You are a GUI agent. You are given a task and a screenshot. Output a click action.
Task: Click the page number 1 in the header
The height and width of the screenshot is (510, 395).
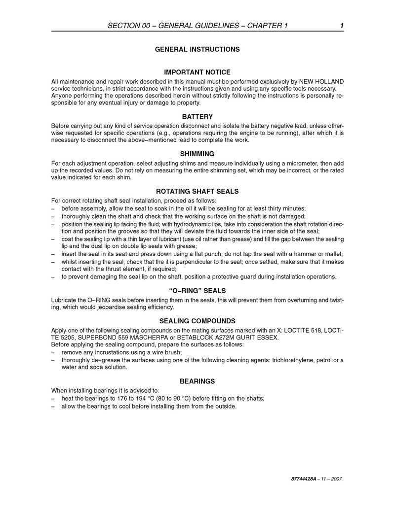tap(342, 26)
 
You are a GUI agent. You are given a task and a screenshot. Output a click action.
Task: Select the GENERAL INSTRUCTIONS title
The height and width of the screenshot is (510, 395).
tap(197, 49)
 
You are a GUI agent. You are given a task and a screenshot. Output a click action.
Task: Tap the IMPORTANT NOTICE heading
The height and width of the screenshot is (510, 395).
tap(197, 72)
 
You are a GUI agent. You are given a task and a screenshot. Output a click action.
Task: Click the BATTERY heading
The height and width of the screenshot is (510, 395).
tap(197, 117)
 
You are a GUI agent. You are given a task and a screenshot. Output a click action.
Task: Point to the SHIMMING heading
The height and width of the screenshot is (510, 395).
tap(197, 154)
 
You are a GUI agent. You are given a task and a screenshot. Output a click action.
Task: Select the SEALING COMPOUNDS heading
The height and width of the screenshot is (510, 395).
tap(197, 320)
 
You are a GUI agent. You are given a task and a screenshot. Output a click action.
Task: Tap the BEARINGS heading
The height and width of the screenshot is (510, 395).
tap(197, 381)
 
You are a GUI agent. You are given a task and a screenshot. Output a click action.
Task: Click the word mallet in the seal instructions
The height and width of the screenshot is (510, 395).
tap(334, 254)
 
